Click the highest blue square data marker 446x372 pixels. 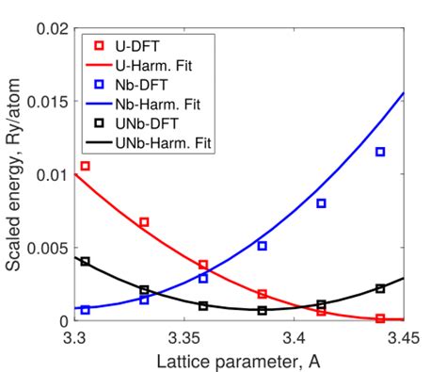pyautogui.click(x=380, y=152)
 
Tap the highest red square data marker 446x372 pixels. pyautogui.click(x=85, y=166)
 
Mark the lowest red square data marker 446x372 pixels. pyautogui.click(x=380, y=318)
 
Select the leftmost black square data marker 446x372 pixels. pyautogui.click(x=85, y=261)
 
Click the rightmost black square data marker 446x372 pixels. pyautogui.click(x=380, y=288)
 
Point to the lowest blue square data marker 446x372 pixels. pyautogui.click(x=85, y=309)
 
